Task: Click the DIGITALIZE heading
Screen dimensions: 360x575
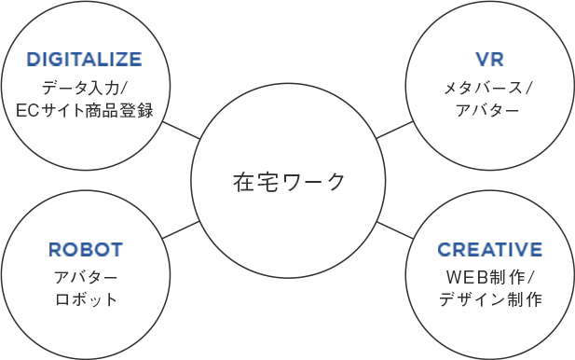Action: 84,61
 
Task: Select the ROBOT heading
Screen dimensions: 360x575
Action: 86,250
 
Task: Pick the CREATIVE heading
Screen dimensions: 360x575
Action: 490,250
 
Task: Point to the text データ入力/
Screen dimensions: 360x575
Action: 85,90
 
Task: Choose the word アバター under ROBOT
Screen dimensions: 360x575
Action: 86,278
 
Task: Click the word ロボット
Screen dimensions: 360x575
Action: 86,300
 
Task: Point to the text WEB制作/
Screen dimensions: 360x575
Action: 490,278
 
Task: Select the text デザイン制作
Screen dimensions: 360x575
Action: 490,300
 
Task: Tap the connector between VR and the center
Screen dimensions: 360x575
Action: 395,130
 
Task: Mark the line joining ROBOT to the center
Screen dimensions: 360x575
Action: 181,229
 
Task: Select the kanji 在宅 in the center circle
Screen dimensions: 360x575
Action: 254,181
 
